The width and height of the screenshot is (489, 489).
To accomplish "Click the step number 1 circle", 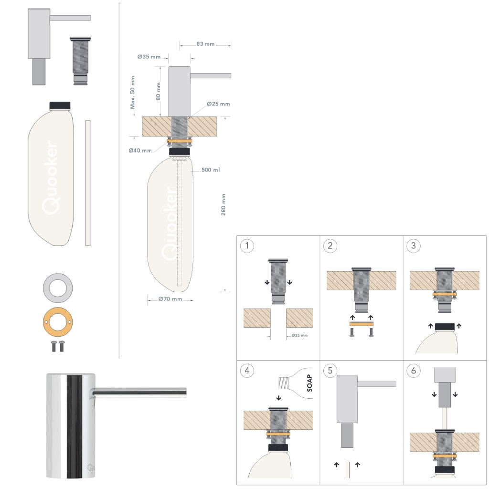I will [247, 246].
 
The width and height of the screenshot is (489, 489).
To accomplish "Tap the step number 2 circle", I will [330, 246].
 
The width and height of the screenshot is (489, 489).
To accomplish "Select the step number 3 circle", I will [413, 246].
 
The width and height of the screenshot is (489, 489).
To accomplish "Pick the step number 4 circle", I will [247, 371].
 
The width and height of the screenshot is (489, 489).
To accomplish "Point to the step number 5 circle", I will [330, 371].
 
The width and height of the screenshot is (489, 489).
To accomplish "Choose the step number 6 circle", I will [413, 371].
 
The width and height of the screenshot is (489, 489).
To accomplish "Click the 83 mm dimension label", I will [205, 44].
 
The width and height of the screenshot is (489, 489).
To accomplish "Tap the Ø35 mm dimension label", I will [149, 57].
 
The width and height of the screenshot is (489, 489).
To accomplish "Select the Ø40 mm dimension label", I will [140, 150].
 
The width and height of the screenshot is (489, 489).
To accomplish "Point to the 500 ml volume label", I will [211, 170].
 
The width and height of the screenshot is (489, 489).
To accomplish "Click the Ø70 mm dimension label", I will [170, 299].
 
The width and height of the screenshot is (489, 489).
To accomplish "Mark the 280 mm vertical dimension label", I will [223, 204].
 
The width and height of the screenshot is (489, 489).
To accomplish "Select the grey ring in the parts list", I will [58, 288].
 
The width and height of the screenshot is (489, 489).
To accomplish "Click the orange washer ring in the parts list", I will [58, 323].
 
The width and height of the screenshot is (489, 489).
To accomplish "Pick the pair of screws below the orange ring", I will [58, 346].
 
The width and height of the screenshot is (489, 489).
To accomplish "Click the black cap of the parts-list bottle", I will [60, 105].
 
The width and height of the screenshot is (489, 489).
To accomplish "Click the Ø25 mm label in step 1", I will [299, 335].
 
